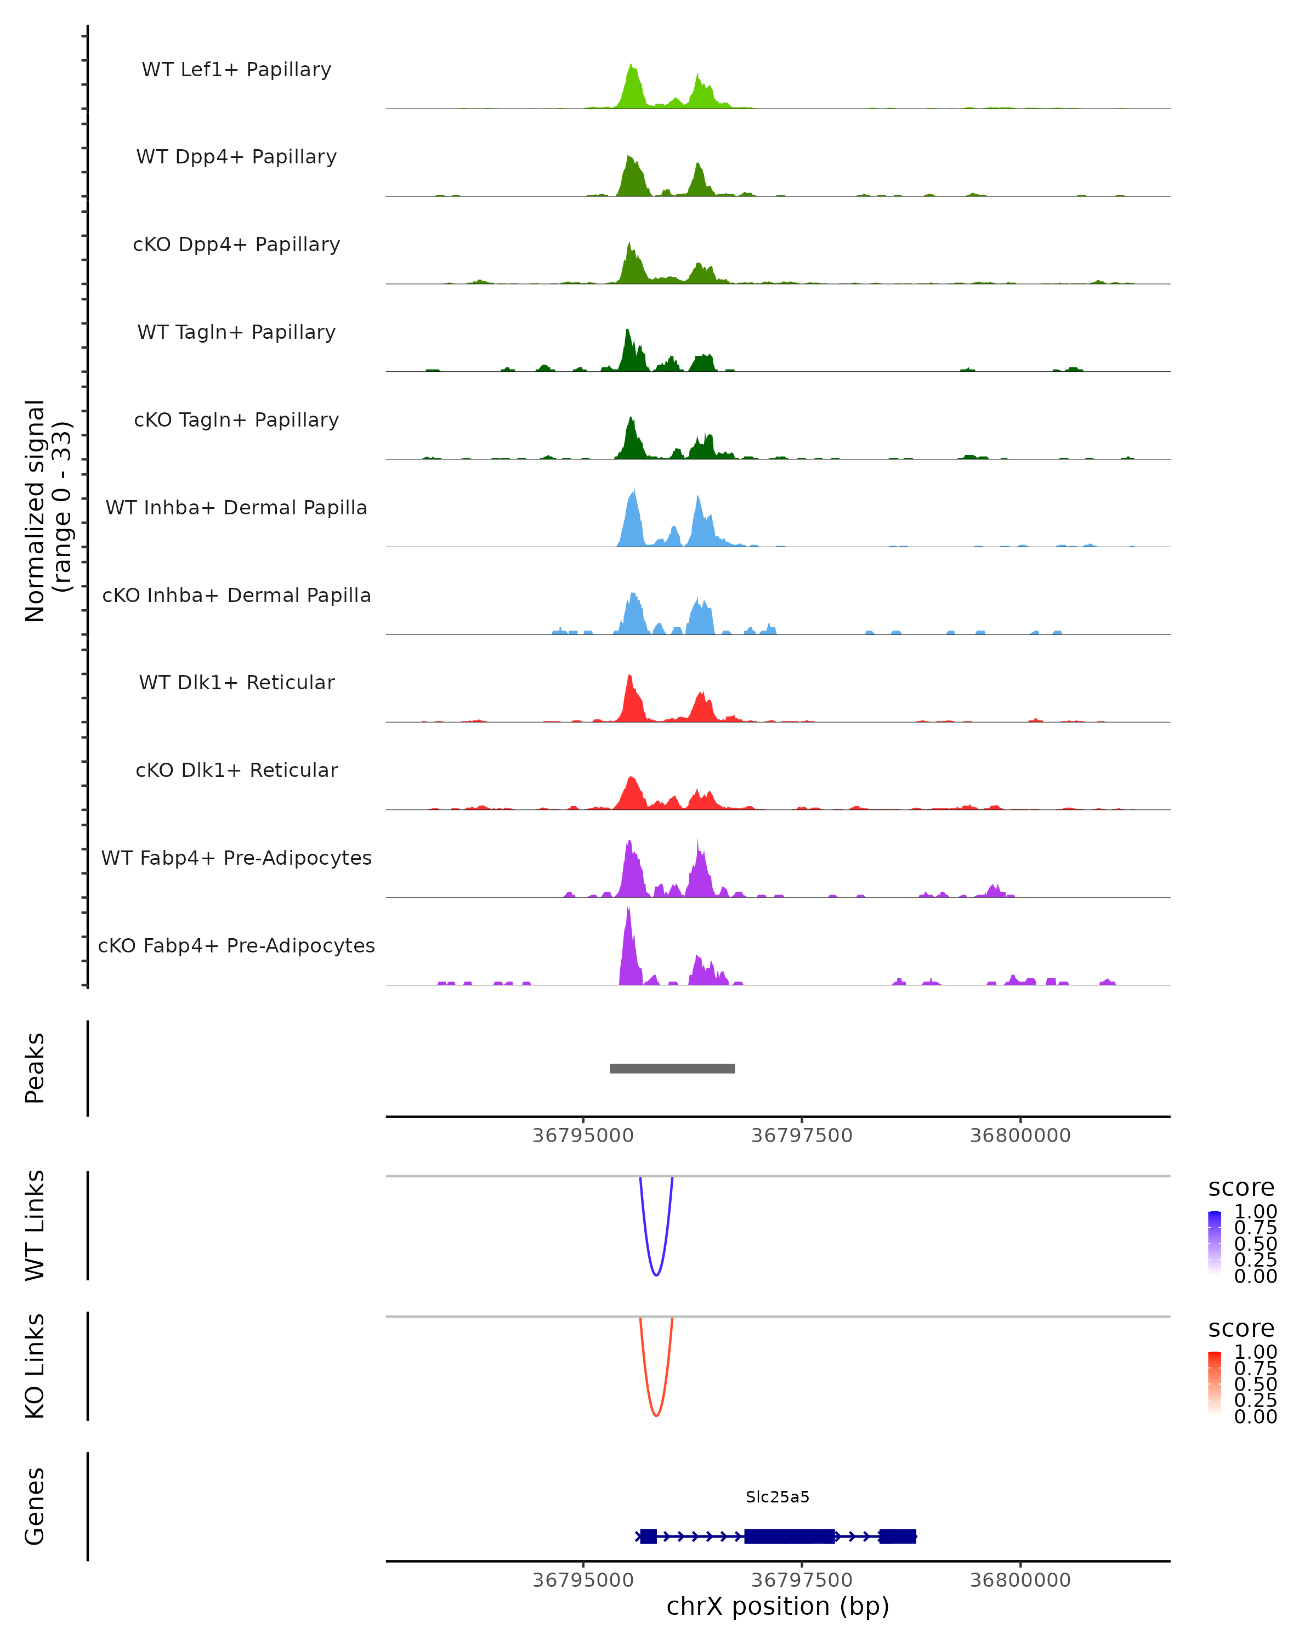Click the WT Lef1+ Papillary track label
tap(236, 70)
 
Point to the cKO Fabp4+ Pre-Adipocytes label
tap(236, 945)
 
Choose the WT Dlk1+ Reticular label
tap(236, 682)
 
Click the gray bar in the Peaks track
tap(672, 1068)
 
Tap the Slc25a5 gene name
tap(778, 1497)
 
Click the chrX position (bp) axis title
tap(778, 1606)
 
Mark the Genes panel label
tap(35, 1506)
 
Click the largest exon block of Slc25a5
tap(790, 1536)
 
